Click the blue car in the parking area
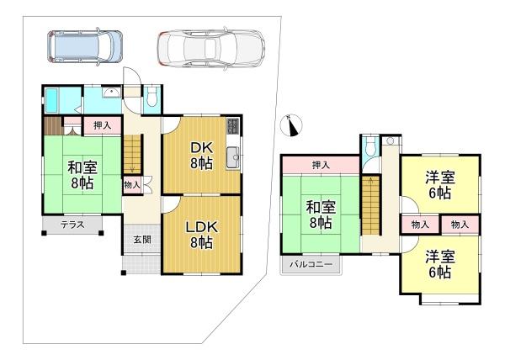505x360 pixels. (85, 46)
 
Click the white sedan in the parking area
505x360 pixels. (211, 48)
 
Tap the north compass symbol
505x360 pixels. (291, 125)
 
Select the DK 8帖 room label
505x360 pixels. (202, 156)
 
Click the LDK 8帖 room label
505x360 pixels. (202, 235)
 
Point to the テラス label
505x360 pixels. (72, 225)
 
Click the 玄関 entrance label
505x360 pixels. (142, 240)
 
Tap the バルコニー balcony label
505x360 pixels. (311, 264)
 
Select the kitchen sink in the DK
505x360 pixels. (232, 157)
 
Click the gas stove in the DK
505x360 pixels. (232, 126)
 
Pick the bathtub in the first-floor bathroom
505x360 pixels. (51, 100)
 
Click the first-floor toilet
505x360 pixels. (151, 97)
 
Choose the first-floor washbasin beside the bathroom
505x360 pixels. (111, 93)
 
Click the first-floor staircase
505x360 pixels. (133, 154)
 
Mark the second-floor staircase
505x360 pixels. (370, 205)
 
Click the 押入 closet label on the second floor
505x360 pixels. (321, 166)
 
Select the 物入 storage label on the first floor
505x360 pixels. (132, 185)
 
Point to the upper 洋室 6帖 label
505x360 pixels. (440, 185)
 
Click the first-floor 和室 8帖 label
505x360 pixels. (82, 175)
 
